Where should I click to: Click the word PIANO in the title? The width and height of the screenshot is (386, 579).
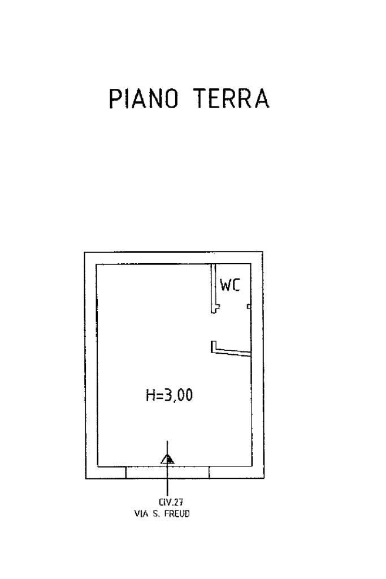(145, 100)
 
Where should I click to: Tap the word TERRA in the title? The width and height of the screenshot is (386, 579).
(232, 100)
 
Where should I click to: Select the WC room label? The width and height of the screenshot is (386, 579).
(230, 285)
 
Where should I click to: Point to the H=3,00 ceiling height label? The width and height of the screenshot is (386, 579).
(170, 396)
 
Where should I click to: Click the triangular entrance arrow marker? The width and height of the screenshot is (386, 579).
(167, 459)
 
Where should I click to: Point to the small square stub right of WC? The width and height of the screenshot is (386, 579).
(249, 306)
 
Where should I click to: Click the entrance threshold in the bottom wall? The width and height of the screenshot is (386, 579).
(167, 472)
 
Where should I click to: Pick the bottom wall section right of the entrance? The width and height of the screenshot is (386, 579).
(235, 472)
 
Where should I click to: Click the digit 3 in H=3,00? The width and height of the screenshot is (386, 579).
(168, 396)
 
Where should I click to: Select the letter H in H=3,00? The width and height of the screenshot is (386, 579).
(151, 396)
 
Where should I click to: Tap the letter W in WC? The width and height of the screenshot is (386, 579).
(225, 285)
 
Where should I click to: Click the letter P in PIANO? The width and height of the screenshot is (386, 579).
(115, 100)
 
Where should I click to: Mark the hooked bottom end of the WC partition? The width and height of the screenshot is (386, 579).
(214, 308)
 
